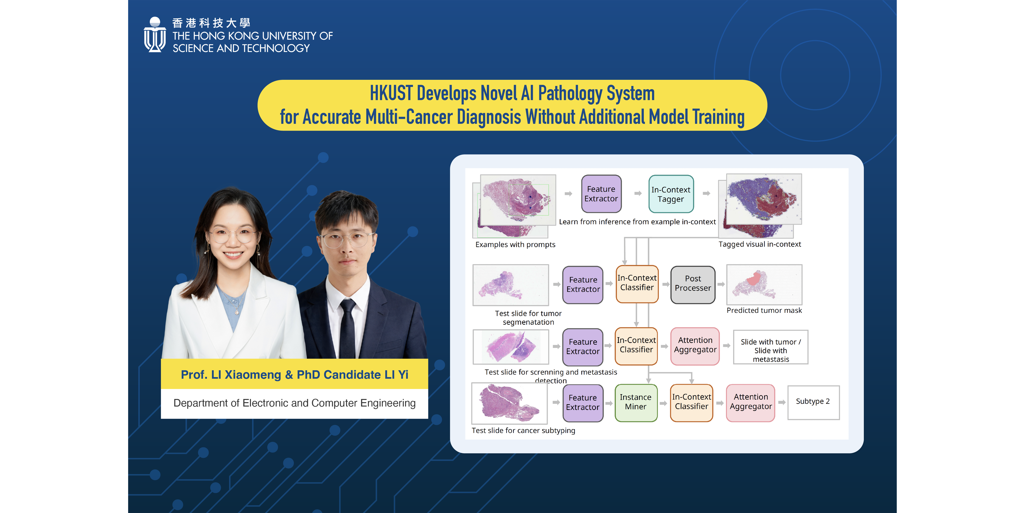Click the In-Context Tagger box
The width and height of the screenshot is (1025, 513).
coord(671,194)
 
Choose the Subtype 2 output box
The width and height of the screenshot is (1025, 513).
coord(813,402)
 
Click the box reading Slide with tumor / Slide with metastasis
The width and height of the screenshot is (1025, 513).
coord(771,347)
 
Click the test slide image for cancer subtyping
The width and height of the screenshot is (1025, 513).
coord(509,403)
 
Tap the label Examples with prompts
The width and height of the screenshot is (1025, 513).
coord(515,245)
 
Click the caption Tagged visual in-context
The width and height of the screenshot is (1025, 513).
coord(760,244)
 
